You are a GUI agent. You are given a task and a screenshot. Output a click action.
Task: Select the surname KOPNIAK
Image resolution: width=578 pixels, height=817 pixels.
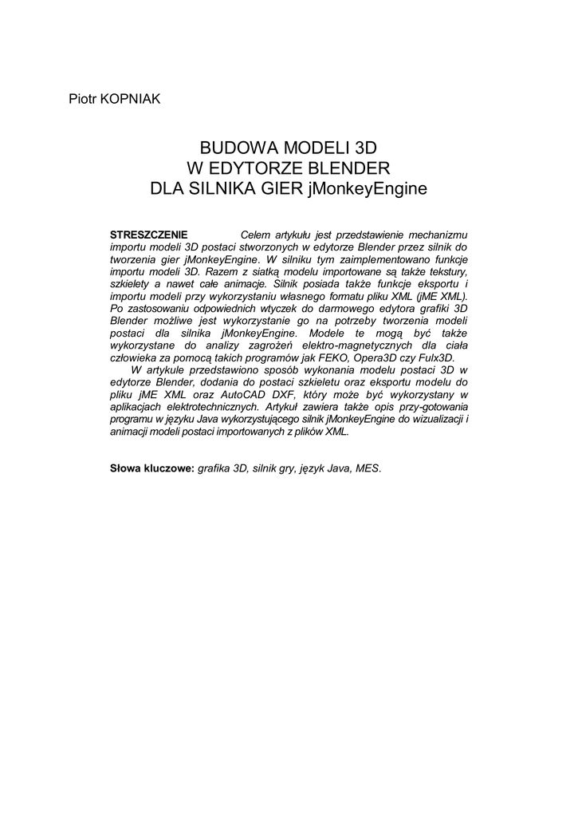point(131,98)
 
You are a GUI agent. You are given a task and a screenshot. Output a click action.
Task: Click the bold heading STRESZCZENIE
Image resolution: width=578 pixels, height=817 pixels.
point(148,235)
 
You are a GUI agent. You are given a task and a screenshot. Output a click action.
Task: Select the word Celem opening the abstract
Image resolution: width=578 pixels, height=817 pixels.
point(256,235)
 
